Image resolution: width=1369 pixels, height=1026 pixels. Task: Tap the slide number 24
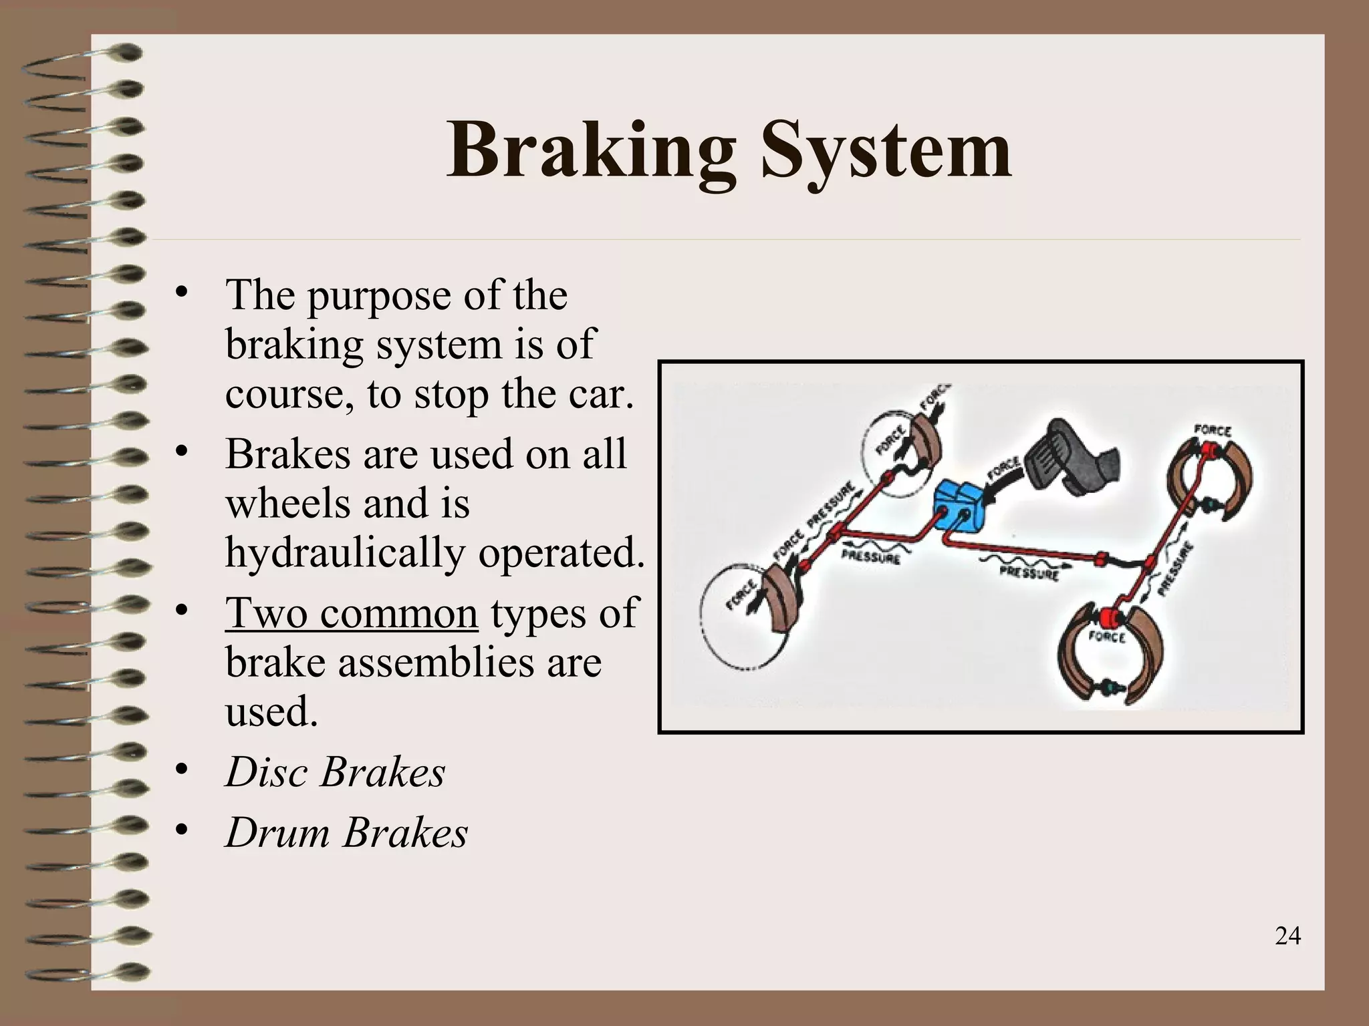1287,936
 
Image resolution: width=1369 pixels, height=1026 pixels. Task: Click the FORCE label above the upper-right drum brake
1212,431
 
